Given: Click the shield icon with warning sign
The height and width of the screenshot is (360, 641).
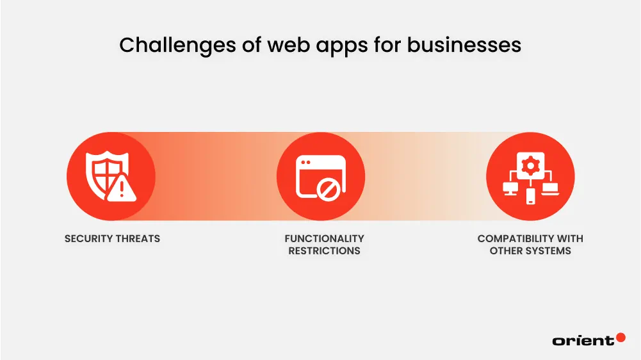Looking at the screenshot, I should coord(106,175).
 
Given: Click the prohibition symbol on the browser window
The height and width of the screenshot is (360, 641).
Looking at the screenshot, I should coord(329,189).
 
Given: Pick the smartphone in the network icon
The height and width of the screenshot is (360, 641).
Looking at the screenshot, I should coord(530,197).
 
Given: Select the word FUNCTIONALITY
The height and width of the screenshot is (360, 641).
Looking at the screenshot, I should coord(324,238).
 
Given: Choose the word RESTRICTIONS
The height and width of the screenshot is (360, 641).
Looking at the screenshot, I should coord(324,250).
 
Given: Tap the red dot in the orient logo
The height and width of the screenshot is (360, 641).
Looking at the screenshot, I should coord(620,337).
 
